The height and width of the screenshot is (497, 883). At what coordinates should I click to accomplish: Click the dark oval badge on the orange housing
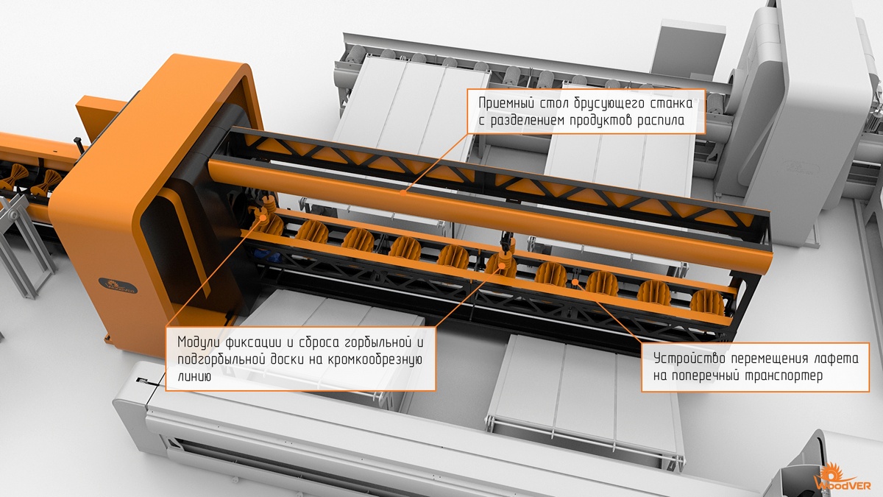coord(118,286)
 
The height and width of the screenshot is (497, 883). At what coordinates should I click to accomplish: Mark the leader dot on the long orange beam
coord(403,193)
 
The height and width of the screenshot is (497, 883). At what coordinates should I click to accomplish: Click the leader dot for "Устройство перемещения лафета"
coord(575,281)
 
